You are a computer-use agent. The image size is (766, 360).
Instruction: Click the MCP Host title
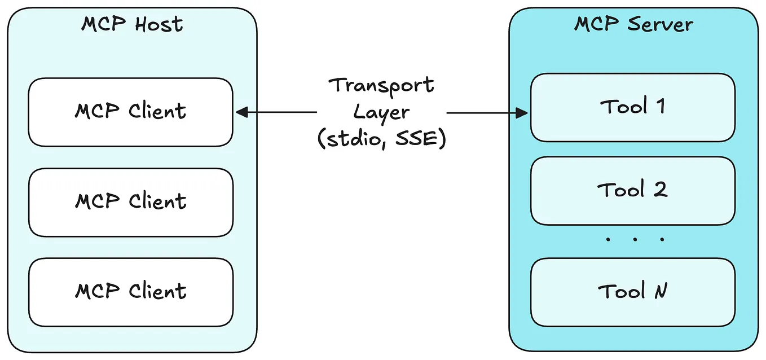132,24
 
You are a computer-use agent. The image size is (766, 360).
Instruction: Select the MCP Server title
633,24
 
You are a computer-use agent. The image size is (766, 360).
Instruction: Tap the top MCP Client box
130,112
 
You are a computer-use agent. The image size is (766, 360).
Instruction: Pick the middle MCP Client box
130,201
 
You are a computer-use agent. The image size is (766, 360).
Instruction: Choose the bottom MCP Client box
130,292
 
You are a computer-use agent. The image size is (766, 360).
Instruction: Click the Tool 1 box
632,107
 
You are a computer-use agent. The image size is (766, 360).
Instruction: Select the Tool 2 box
632,190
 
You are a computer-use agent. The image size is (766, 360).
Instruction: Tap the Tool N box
632,292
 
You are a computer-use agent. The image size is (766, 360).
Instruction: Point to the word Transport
381,85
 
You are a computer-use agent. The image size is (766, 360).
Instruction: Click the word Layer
381,112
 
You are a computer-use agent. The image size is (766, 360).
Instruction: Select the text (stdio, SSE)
381,139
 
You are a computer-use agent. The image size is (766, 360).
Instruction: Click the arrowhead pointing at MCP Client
241,113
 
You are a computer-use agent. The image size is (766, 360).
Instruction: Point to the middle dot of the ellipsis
635,239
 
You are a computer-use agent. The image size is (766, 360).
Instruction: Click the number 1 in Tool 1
659,107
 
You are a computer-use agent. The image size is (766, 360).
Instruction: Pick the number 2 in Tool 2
660,190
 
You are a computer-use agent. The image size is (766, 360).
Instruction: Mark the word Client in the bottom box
157,292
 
